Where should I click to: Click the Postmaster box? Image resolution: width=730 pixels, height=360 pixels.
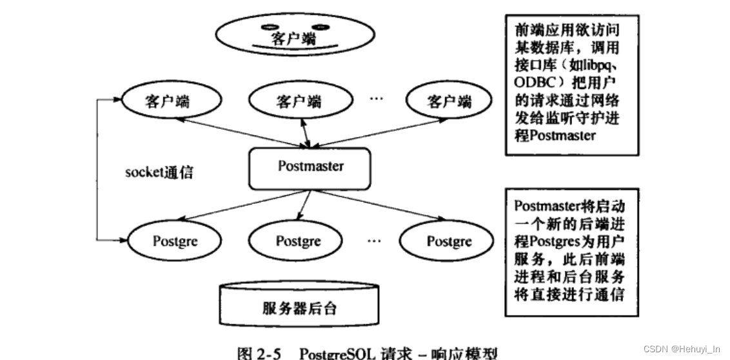tap(310, 168)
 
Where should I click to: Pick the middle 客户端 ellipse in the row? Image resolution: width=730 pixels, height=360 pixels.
tap(298, 101)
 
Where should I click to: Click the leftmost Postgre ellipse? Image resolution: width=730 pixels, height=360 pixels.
tap(175, 241)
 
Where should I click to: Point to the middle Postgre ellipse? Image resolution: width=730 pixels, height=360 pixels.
tap(298, 241)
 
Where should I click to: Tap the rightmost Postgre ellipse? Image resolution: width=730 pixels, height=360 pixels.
tap(449, 243)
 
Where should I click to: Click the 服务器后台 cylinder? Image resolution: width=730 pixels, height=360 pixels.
tap(299, 307)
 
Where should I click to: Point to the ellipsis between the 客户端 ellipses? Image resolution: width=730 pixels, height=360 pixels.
tap(377, 100)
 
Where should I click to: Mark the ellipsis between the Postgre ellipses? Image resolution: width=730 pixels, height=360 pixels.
tap(375, 241)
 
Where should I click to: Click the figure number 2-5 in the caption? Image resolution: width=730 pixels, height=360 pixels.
tap(270, 354)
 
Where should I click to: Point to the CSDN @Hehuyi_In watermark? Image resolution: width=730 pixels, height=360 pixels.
tap(684, 349)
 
